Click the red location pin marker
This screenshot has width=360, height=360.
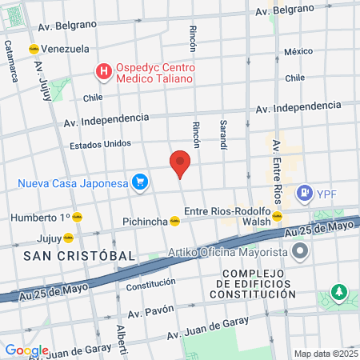(x=180, y=164)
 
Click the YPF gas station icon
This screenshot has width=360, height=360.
(x=304, y=193)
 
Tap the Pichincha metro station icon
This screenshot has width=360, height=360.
(x=174, y=222)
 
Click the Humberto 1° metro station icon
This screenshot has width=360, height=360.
(x=78, y=217)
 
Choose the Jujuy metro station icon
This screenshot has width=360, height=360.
(x=69, y=238)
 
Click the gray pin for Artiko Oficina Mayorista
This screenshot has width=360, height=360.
(x=300, y=253)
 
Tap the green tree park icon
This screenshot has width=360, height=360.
(x=339, y=292)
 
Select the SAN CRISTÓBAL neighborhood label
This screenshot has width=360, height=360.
(x=79, y=255)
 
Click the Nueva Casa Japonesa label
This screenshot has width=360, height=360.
(x=74, y=183)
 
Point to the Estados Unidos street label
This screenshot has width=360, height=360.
(x=100, y=145)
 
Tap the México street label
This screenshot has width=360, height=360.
(x=298, y=51)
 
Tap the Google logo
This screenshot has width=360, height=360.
(x=26, y=350)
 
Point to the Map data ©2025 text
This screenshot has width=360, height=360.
(x=325, y=354)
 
